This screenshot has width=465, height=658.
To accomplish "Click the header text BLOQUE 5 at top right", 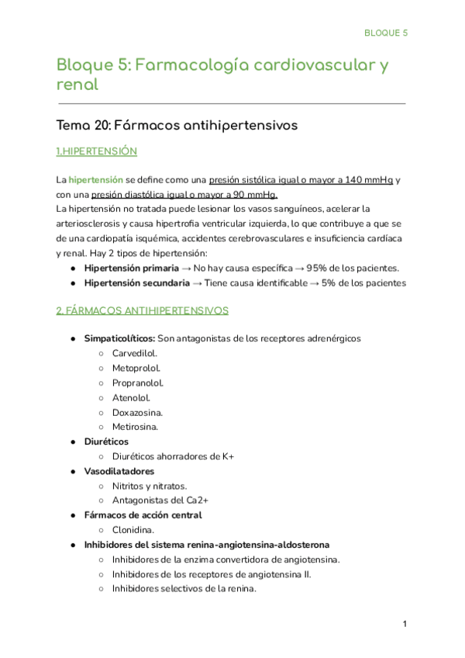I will (386, 33).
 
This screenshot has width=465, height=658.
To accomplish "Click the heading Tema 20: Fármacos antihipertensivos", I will (177, 124).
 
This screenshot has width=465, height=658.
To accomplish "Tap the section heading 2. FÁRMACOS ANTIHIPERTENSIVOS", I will (143, 310).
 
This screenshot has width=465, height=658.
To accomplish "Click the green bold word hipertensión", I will (96, 180).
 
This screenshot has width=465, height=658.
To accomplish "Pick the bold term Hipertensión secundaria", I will (136, 283).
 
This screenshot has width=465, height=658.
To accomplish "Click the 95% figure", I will (318, 268).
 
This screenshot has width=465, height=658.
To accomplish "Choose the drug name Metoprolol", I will (136, 368).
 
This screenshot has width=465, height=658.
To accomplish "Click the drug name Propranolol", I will (138, 383).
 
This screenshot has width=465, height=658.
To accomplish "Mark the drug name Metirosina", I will (136, 427).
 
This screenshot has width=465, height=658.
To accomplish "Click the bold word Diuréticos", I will (106, 442).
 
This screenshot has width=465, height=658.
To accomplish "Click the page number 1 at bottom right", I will (405, 625).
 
